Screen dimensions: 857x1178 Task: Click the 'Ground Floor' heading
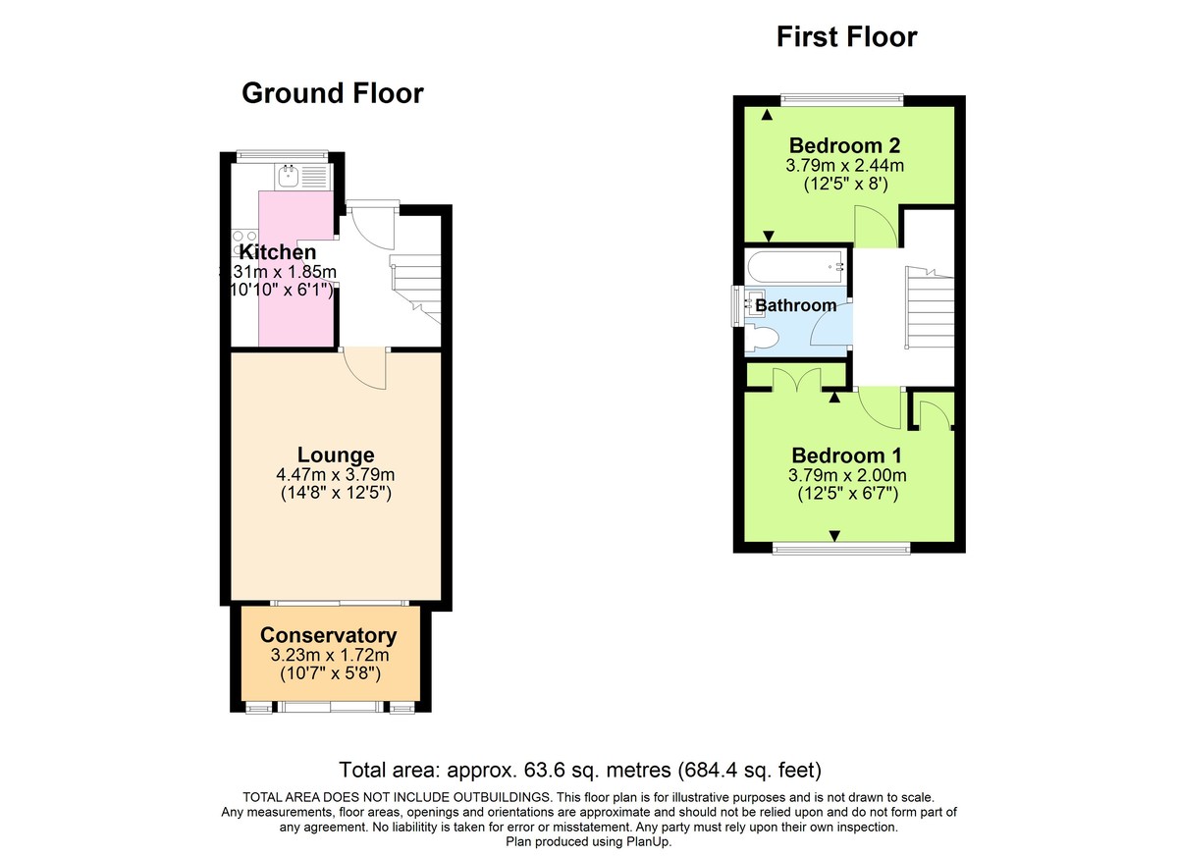coord(332,93)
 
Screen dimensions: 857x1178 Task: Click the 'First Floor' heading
coord(846,37)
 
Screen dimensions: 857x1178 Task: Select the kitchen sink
coord(289,177)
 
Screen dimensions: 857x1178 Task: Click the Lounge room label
coord(336,455)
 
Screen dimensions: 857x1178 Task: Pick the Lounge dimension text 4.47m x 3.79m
coord(336,474)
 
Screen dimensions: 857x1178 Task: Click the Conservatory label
coord(328,635)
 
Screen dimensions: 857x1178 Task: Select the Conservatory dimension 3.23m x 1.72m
coord(328,655)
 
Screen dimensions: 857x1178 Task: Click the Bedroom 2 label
coord(844,146)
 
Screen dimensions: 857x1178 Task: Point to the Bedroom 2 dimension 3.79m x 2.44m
coord(844,166)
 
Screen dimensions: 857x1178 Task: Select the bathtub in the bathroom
coord(795,265)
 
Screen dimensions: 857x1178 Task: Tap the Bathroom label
coord(795,305)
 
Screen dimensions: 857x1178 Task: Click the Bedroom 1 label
coord(846,455)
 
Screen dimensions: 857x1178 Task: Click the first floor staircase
coord(928,309)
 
